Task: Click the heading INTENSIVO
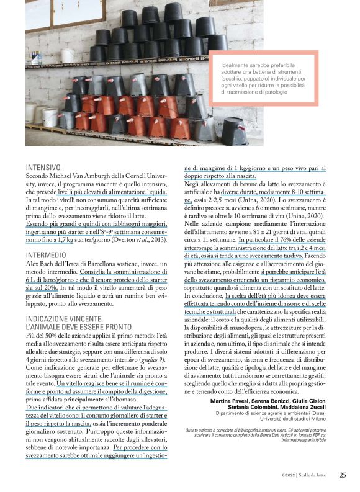pyautogui.click(x=43, y=167)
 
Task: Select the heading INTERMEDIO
pyautogui.click(x=46, y=255)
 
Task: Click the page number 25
pyautogui.click(x=343, y=476)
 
